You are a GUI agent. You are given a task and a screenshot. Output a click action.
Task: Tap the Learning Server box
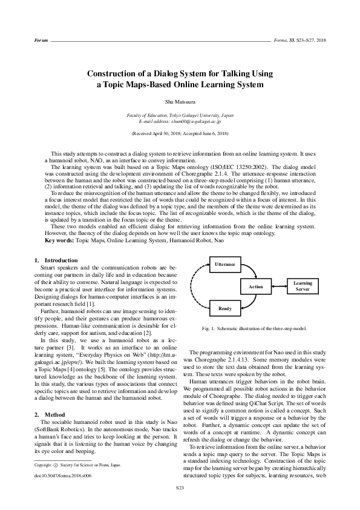pyautogui.click(x=303, y=286)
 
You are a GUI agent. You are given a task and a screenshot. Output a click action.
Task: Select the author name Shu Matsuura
pyautogui.click(x=180, y=104)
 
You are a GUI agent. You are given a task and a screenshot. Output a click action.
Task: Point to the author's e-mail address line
pyautogui.click(x=180, y=122)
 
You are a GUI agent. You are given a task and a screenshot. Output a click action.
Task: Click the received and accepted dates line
pyautogui.click(x=180, y=132)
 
